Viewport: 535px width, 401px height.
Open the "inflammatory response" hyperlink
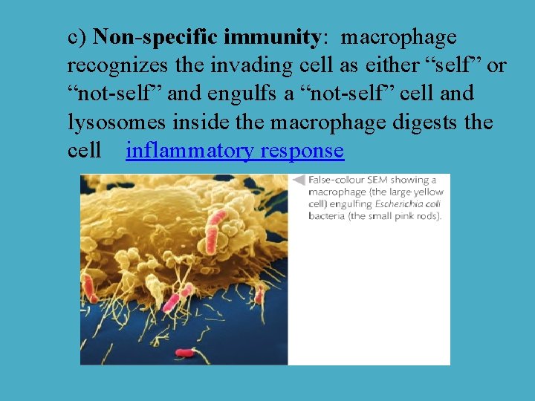[235, 151]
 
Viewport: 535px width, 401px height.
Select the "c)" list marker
[79, 37]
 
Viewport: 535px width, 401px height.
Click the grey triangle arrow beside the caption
[299, 180]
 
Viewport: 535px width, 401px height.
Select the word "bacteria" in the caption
[328, 216]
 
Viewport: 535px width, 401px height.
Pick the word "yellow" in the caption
[427, 192]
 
